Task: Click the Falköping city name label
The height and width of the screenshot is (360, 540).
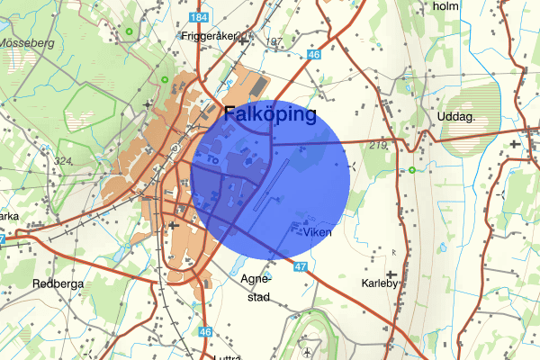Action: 270,115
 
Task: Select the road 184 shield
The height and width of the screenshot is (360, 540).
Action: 200,18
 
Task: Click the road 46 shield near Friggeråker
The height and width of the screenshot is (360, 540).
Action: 313,55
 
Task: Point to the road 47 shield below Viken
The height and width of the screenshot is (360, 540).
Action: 301,267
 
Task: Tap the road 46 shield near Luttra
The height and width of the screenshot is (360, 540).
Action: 205,332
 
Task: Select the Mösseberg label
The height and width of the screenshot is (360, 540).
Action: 27,42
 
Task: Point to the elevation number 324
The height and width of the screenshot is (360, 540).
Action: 63,162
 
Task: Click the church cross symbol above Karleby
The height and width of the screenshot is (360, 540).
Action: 391,273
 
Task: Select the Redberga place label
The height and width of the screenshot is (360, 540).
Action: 32,283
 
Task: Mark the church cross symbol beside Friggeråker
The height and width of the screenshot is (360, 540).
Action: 243,39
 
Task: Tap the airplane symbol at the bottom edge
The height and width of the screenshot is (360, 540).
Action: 309,350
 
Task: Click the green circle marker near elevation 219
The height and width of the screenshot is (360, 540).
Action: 411,170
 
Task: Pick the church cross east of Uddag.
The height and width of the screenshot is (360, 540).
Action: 514,143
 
